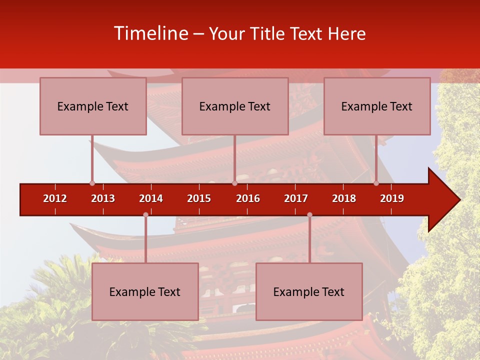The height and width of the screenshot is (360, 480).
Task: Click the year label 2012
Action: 55,198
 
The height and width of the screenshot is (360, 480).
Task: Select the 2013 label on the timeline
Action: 103,198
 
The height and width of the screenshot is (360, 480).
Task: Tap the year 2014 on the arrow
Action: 151,198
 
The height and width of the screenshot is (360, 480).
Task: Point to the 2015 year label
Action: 199,198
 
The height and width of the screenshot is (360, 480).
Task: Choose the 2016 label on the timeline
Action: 248,198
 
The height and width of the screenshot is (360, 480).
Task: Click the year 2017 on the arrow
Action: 296,198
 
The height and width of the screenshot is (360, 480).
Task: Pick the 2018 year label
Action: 344,198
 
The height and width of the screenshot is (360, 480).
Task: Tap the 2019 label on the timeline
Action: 392,198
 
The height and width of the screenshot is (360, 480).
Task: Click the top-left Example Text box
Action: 93,106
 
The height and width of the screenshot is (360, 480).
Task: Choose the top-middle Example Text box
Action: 235,106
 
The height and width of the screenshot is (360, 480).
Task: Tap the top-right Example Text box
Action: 377,106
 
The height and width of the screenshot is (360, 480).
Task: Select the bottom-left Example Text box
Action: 145,291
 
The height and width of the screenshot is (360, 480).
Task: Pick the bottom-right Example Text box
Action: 309,291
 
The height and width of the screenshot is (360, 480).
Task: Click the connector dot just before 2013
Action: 92,183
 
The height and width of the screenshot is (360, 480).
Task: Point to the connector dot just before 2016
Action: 234,183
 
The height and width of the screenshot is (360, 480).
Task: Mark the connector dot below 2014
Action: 145,214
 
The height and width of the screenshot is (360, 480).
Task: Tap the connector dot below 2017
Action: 309,214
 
